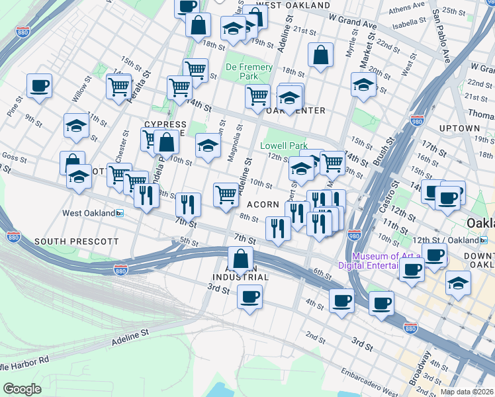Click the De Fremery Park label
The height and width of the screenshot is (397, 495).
click(249, 71)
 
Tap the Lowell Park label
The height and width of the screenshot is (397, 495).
click(284, 146)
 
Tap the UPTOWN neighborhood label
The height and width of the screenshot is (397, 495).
click(459, 128)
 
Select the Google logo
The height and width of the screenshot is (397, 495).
click(22, 388)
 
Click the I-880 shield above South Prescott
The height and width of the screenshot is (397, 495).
click(13, 236)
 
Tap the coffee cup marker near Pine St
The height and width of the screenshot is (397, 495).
click(39, 86)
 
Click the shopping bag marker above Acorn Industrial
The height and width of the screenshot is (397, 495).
click(241, 259)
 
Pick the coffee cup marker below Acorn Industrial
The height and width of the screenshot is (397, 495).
click(249, 296)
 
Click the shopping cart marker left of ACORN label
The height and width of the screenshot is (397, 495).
click(226, 195)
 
